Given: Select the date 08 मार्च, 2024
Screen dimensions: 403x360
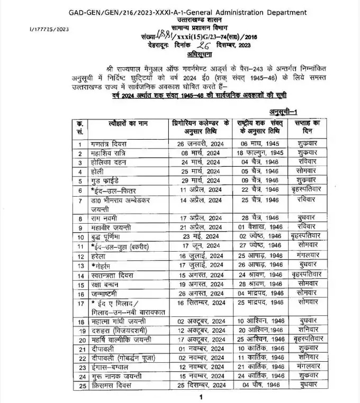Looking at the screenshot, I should coord(199,153).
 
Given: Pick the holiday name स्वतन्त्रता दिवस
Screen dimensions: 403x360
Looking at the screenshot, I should coord(113,275).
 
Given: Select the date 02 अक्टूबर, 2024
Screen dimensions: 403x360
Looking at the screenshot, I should coord(199,321).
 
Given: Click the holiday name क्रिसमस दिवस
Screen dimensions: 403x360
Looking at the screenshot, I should coord(112,386).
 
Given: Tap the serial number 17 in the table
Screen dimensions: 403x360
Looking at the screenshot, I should coord(80,304).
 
